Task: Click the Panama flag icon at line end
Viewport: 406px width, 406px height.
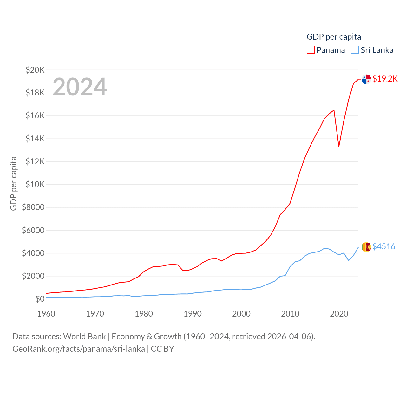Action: coord(366,79)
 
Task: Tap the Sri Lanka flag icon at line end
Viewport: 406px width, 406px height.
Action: coord(366,247)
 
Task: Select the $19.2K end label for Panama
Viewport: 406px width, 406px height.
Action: coord(385,79)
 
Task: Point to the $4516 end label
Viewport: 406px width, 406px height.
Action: coord(384,246)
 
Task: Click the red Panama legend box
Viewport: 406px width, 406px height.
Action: coord(311,50)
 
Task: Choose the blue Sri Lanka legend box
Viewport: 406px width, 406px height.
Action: coord(355,50)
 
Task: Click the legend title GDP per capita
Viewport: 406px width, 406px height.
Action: coord(334,37)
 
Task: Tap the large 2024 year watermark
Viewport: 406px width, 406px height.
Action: coord(80,87)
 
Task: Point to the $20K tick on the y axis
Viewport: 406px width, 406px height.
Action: coord(35,70)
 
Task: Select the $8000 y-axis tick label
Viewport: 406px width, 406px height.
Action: coord(33,207)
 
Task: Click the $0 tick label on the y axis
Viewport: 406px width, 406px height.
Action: coord(40,299)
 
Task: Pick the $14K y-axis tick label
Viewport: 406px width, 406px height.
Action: coord(35,139)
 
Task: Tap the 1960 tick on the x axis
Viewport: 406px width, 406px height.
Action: coord(46,314)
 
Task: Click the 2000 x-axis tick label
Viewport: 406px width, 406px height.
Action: coord(241,314)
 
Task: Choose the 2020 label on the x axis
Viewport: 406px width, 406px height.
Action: coord(339,314)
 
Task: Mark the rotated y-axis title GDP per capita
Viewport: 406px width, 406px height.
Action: coord(13,183)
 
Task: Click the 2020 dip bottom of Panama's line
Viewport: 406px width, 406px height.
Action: coord(339,146)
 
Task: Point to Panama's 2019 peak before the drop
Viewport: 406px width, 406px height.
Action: coord(334,110)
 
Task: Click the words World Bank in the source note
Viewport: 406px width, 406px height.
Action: coord(84,336)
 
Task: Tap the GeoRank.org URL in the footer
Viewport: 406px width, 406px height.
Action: coord(79,349)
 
